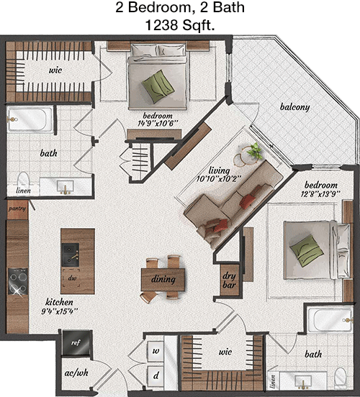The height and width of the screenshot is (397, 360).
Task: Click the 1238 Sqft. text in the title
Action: [x=180, y=25]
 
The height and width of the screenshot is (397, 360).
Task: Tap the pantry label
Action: [x=17, y=209]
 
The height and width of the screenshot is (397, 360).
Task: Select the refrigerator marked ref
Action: [x=76, y=342]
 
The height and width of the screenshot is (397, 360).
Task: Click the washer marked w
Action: [x=156, y=351]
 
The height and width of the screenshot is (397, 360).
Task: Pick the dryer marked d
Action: [x=156, y=375]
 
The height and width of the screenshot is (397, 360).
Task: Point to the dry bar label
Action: [x=229, y=280]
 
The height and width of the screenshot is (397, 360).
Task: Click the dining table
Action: [x=163, y=280]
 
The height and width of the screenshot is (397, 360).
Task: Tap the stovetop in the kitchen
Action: [x=18, y=281]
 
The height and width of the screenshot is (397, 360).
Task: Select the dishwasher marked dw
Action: [x=72, y=278]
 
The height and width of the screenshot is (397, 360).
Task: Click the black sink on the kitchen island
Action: [x=71, y=255]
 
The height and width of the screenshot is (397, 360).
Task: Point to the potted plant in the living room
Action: [x=255, y=150]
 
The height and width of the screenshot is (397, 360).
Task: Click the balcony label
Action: [x=295, y=107]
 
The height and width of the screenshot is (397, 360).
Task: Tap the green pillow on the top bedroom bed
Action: [x=158, y=86]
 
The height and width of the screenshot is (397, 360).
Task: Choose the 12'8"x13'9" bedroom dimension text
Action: [x=320, y=194]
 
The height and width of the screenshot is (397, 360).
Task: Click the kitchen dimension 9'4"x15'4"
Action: [x=60, y=311]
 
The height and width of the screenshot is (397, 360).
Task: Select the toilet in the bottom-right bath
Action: [x=341, y=378]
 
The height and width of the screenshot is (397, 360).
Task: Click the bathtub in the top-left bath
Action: [x=30, y=119]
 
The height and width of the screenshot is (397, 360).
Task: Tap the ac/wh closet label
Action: [x=76, y=373]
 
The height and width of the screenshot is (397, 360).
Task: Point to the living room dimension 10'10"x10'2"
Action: [x=219, y=179]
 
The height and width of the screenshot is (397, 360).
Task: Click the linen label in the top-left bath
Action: [x=23, y=191]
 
